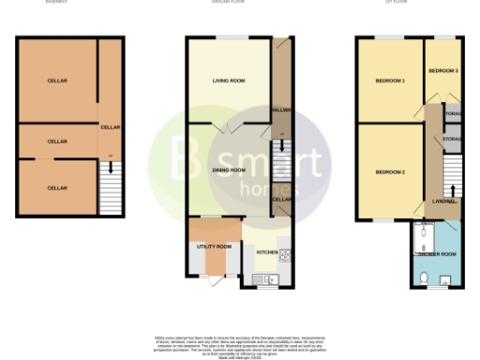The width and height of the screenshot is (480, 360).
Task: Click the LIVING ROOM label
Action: (x=229, y=82)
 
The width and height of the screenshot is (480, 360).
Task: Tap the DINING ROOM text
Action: (x=229, y=170)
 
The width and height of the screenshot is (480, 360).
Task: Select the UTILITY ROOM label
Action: (x=214, y=247)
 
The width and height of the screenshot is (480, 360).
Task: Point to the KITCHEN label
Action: (x=267, y=252)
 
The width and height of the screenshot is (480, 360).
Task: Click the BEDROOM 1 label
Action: (x=390, y=82)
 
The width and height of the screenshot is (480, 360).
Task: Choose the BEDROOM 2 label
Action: (x=390, y=172)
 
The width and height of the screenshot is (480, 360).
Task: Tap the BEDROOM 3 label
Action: (x=442, y=71)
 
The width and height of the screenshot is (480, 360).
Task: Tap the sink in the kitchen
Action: (x=269, y=278)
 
